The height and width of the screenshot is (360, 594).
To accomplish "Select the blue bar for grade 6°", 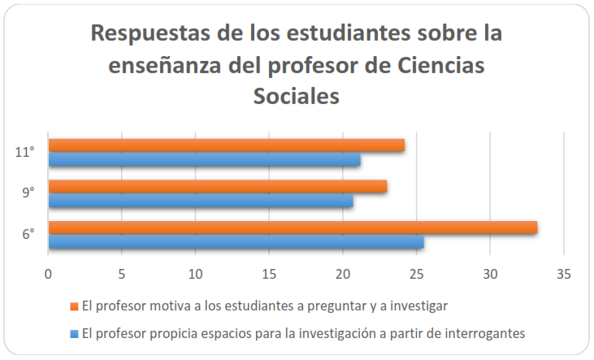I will point(236,242).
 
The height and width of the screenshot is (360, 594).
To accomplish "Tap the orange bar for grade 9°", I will point(218,186).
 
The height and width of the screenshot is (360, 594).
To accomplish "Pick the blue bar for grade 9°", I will point(201,201).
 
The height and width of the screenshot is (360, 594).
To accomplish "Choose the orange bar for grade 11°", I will point(227,145).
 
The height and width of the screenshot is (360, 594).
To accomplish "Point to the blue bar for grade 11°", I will point(205,160).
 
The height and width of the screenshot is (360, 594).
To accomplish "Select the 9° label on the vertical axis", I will point(28,193).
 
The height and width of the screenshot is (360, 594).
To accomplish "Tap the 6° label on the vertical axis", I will point(28,235).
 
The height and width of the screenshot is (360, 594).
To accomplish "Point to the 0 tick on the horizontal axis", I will point(49,274).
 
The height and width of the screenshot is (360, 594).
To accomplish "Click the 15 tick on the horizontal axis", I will point(269,274).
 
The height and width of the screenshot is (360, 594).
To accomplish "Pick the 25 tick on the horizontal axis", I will point(416,274).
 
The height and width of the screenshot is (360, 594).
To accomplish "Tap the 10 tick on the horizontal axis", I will point(196,274).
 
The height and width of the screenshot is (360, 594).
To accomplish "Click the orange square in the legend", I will point(74,306).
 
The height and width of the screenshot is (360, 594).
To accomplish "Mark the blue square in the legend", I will point(74,332).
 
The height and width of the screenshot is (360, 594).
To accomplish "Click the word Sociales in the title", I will point(297,96).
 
